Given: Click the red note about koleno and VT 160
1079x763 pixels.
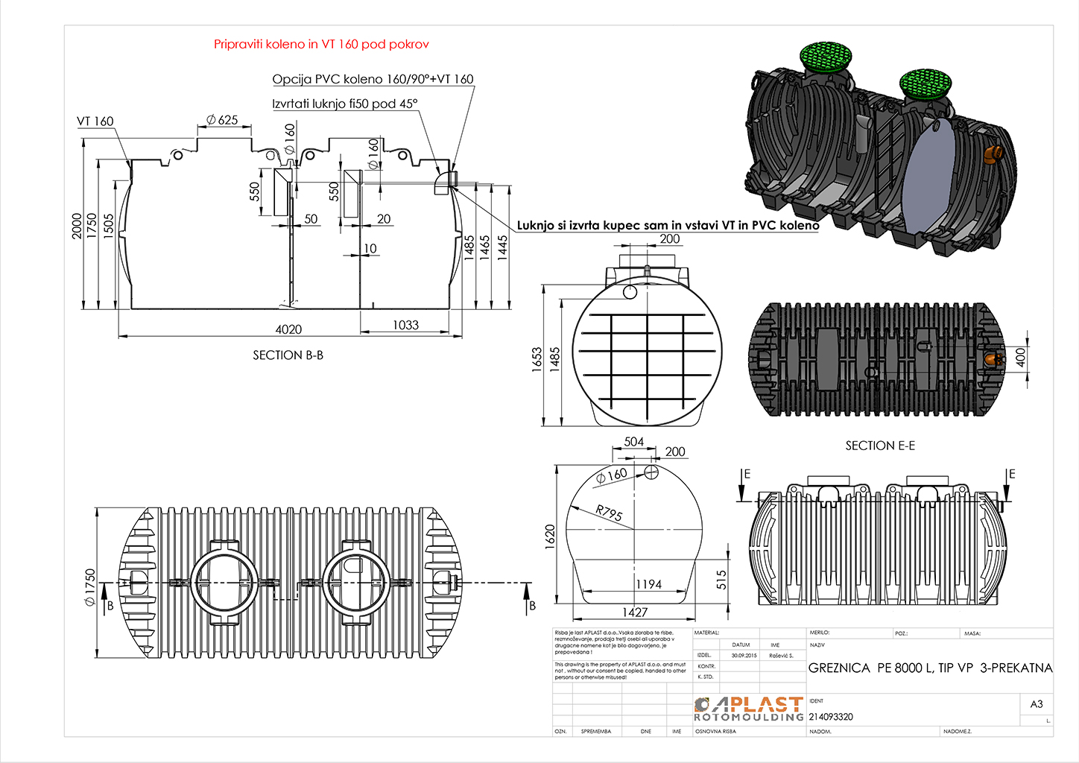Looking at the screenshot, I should point(321,44).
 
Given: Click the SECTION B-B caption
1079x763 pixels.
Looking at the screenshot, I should point(288,355).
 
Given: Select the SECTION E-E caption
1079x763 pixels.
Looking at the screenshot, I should point(880,446).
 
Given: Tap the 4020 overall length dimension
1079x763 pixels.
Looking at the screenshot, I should point(288,329).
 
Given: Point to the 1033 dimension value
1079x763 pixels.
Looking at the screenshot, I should point(405,325).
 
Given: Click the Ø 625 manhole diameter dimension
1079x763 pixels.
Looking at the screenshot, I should point(222,120).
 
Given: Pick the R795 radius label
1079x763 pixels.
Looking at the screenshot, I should point(609,513).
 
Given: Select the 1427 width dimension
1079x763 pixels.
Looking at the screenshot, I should point(634,612).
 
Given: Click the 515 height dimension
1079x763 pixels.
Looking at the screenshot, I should point(721,580).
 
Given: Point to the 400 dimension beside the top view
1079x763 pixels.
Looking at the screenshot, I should point(1020,357).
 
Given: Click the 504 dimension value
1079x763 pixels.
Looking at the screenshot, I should point(633,442).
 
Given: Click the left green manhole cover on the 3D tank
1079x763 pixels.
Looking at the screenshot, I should point(827,56).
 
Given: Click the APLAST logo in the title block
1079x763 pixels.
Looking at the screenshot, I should point(748,709).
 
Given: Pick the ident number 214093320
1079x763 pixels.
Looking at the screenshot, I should point(831,717).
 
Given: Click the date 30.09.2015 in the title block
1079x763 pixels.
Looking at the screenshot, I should point(744,656).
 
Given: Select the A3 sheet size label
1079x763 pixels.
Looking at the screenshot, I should point(1037,704).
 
